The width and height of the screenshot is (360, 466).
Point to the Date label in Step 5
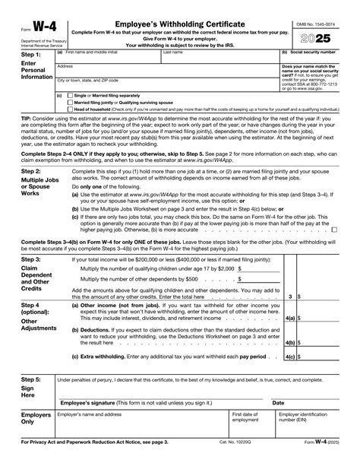tap(278, 402)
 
